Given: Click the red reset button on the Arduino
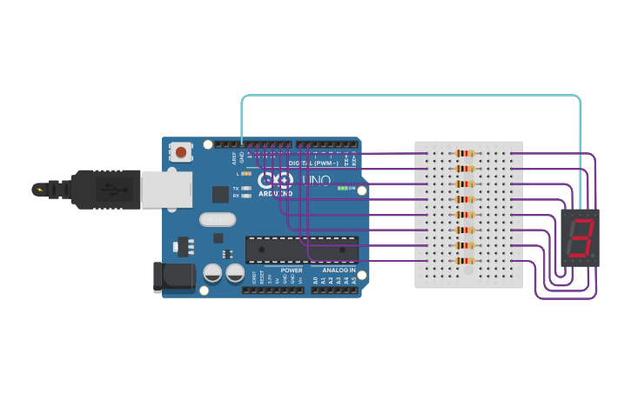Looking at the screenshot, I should click(x=180, y=152).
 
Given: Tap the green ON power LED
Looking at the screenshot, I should click(x=343, y=188).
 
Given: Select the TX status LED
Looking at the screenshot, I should click(x=246, y=188).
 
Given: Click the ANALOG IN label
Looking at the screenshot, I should click(x=339, y=270).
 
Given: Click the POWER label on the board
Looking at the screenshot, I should click(x=292, y=270).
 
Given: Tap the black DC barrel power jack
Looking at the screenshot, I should click(x=173, y=277).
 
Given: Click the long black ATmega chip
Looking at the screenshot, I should click(x=301, y=250).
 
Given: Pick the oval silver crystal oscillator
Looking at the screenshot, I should click(x=218, y=220).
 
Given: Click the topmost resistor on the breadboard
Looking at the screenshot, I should click(x=465, y=154).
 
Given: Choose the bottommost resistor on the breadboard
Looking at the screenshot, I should click(x=465, y=260).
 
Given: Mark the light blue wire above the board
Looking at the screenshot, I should click(x=409, y=96).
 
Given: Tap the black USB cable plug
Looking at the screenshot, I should click(x=104, y=189).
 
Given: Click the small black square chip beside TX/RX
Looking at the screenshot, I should click(x=220, y=194).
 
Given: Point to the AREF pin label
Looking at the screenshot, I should click(x=234, y=158).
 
